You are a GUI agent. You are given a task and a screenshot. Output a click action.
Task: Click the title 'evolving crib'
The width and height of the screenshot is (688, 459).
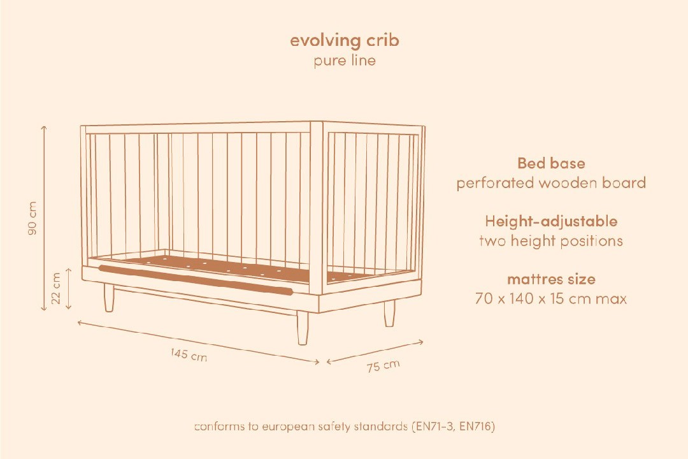point(345,41)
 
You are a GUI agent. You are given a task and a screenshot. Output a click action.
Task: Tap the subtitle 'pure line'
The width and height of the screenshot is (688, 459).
point(345,60)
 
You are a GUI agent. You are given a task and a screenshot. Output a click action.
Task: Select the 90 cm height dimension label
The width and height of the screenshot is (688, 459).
point(32,218)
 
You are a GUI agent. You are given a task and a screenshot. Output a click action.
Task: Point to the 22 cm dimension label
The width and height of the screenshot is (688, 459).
point(55,288)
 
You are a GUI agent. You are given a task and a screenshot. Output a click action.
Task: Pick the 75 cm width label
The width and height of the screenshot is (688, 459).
point(383,366)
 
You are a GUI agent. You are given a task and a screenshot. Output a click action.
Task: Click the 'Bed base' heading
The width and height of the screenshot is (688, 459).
point(551,163)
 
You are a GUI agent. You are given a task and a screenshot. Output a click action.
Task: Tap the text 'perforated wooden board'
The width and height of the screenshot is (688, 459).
point(551,183)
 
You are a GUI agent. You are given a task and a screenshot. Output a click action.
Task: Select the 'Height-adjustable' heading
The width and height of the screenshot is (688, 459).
point(551,221)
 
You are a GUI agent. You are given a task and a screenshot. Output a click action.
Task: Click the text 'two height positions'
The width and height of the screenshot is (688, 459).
point(551,241)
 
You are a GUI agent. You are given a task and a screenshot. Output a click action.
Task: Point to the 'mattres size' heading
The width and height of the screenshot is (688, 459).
point(551,279)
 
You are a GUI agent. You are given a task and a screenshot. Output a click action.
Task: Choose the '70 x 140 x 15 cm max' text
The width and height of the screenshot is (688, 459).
point(551,299)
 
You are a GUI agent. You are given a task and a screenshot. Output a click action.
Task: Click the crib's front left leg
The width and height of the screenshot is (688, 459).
point(110,298)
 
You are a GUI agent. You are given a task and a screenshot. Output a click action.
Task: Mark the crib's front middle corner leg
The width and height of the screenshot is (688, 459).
point(303,328)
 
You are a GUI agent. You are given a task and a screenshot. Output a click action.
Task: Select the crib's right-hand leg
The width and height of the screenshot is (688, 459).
point(389,313)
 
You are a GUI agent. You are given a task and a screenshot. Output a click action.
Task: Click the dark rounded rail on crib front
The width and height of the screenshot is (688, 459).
point(196,279)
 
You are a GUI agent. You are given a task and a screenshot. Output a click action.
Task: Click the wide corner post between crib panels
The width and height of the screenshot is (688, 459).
point(317,208)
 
